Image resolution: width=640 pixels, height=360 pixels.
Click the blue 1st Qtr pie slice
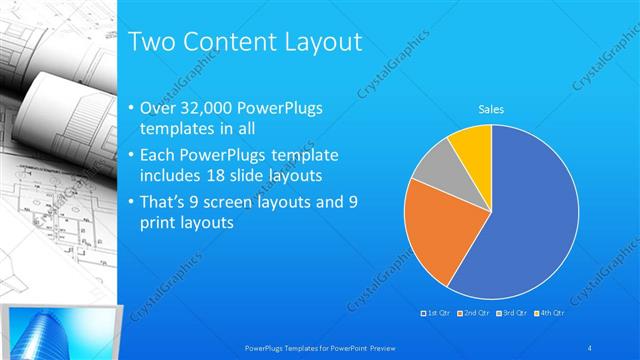(x=530, y=220)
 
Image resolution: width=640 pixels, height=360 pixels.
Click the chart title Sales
(x=491, y=108)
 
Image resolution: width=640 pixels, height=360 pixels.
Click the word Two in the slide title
(x=155, y=42)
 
